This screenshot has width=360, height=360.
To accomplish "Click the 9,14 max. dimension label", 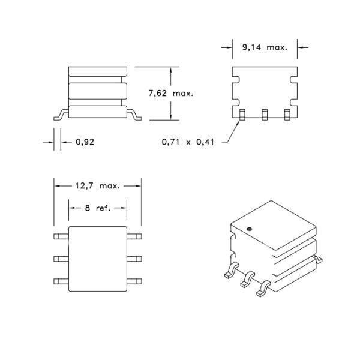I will (265, 47).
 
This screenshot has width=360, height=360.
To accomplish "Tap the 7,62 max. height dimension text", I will (171, 94).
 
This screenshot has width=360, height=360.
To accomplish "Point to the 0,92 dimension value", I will (85, 142).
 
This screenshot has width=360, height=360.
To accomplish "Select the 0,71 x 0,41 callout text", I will (188, 142).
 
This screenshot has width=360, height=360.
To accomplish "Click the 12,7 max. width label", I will (98, 186).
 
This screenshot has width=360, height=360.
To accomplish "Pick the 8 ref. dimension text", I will (98, 208).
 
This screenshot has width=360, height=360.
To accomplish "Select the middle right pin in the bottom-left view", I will (135, 259).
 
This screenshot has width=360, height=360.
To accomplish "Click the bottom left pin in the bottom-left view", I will (61, 281).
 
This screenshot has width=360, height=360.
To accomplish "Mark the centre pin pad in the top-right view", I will (264, 114).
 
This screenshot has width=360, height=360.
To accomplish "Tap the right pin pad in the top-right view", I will (287, 114).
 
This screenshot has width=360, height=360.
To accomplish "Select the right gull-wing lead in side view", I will (135, 114).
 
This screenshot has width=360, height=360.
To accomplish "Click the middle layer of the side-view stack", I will (98, 92).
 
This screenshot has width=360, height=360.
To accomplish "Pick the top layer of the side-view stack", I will (98, 73).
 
